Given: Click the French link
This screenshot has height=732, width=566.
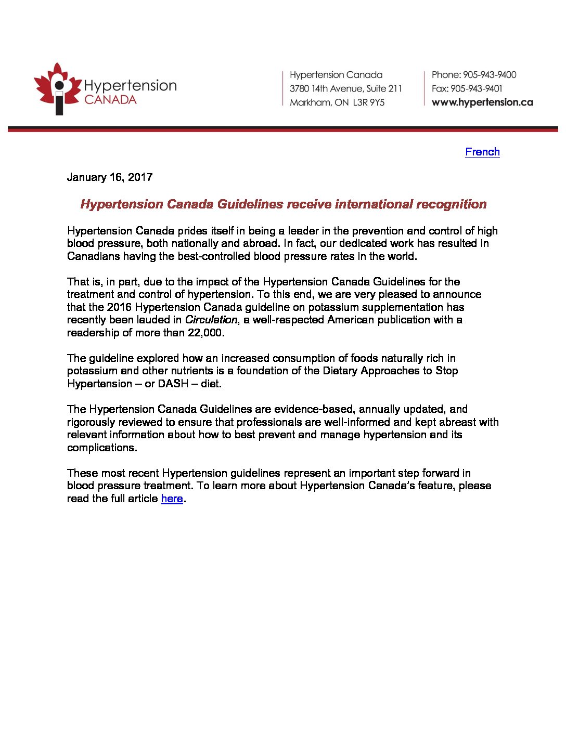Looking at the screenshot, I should [482, 152].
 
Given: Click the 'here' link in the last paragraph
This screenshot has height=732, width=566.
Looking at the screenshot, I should [172, 499].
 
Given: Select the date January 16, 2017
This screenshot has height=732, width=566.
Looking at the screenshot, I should [110, 177].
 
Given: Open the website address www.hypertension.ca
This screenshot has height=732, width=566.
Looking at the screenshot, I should [482, 102].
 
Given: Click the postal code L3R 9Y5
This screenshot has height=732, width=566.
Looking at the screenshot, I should [369, 102].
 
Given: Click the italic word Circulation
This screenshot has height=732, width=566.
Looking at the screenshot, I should [211, 320].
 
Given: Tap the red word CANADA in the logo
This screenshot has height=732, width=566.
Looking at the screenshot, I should [110, 99].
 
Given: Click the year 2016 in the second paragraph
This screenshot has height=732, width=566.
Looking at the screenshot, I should [119, 307].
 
